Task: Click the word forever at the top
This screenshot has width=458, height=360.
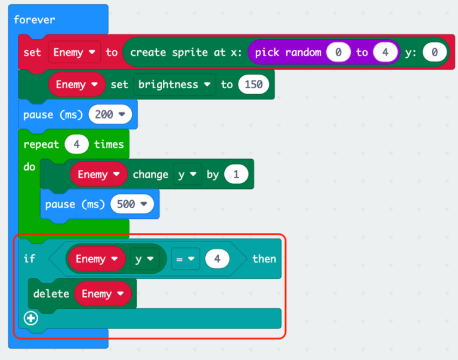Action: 34,20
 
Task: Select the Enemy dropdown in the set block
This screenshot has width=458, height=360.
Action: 74,52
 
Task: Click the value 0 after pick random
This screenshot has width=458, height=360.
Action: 338,52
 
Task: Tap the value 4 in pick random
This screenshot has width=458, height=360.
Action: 385,52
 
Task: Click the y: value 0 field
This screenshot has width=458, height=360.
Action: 434,52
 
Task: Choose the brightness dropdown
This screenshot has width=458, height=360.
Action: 174,85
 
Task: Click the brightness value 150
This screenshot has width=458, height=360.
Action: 253,85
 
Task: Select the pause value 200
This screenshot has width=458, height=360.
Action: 110,114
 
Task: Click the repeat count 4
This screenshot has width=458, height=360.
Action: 76,144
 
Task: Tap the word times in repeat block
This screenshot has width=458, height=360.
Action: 109,144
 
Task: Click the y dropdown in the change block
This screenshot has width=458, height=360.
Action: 187,174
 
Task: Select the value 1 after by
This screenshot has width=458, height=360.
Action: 236,174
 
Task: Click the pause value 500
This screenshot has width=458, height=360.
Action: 132,204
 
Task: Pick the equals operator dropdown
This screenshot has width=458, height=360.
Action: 185,259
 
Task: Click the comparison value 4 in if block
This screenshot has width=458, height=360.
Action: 217,259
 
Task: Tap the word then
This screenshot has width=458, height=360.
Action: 264,259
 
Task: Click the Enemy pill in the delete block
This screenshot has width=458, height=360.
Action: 103,294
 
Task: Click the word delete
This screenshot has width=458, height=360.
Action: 51,294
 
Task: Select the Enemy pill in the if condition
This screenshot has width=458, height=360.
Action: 97,259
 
